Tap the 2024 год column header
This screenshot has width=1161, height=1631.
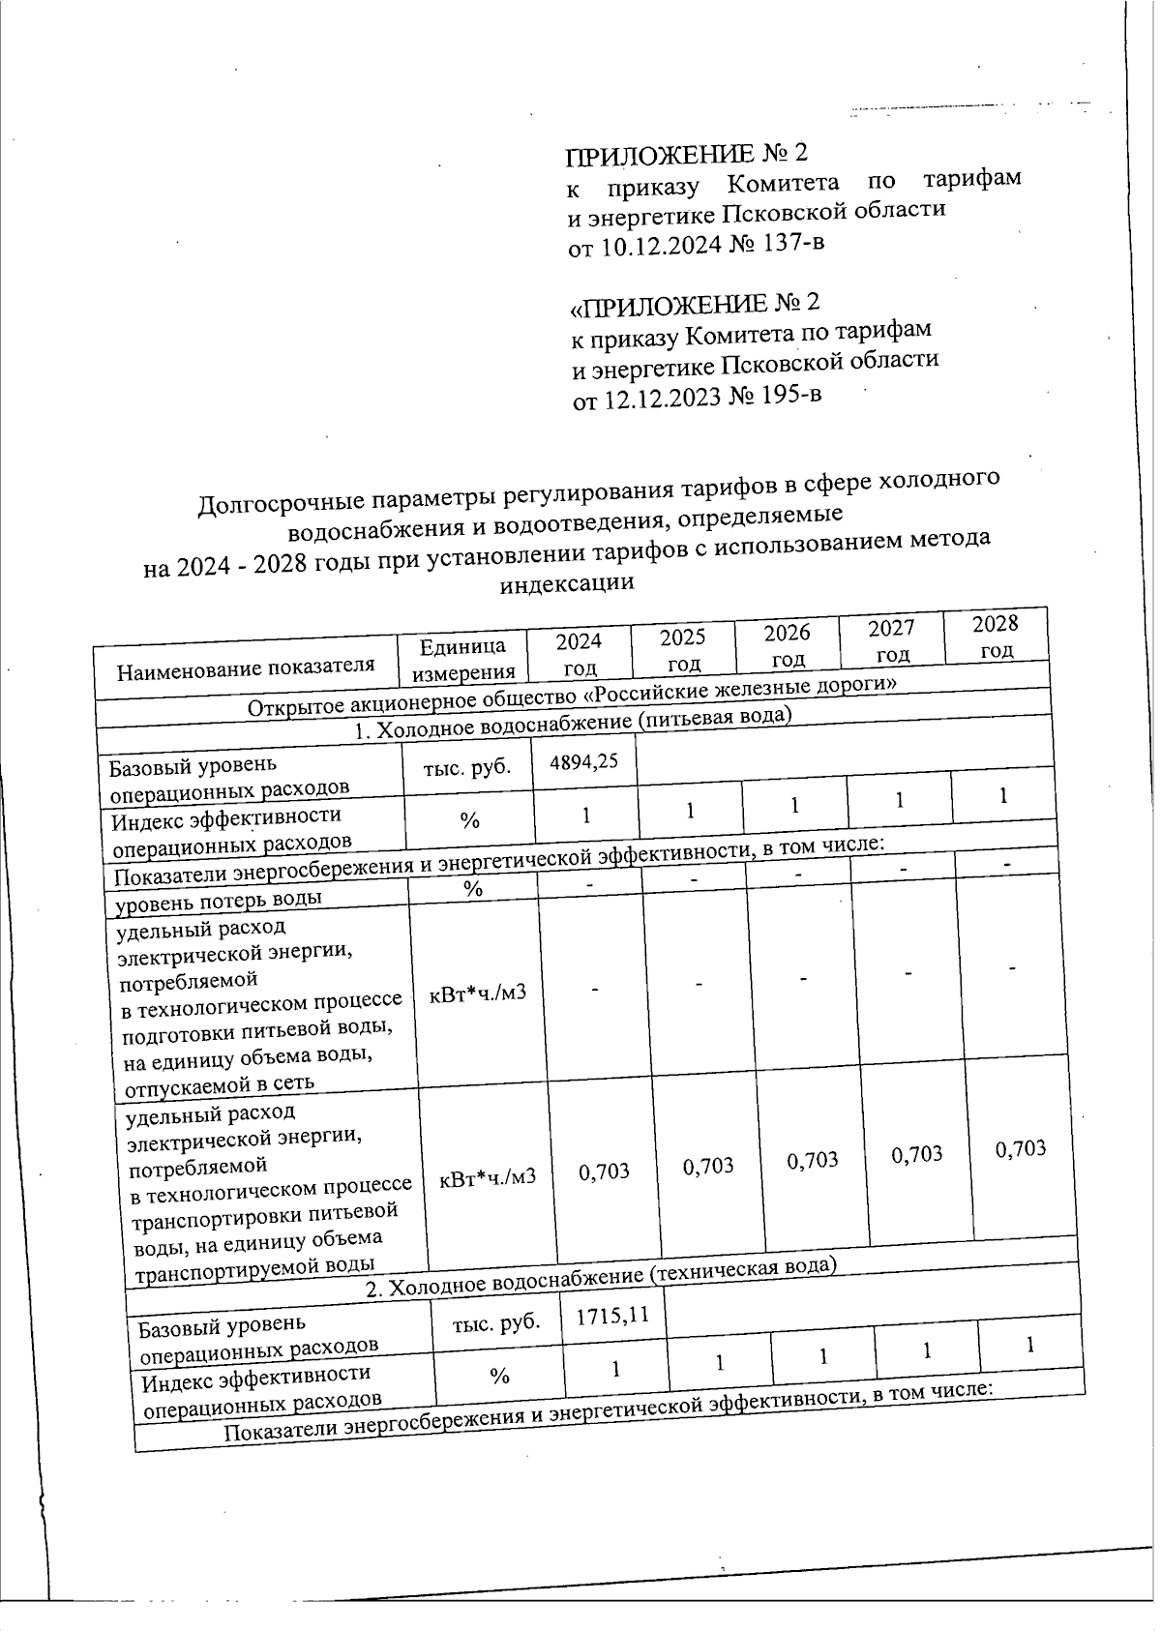(579, 653)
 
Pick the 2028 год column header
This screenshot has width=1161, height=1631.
(996, 635)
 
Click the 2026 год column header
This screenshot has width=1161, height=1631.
(787, 644)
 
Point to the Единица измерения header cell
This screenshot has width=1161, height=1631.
(462, 659)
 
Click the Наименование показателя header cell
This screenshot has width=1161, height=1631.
(245, 667)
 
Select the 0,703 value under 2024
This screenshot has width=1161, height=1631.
(604, 1171)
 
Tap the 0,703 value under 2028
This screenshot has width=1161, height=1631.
(1021, 1148)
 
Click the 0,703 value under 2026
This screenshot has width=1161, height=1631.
(812, 1160)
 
